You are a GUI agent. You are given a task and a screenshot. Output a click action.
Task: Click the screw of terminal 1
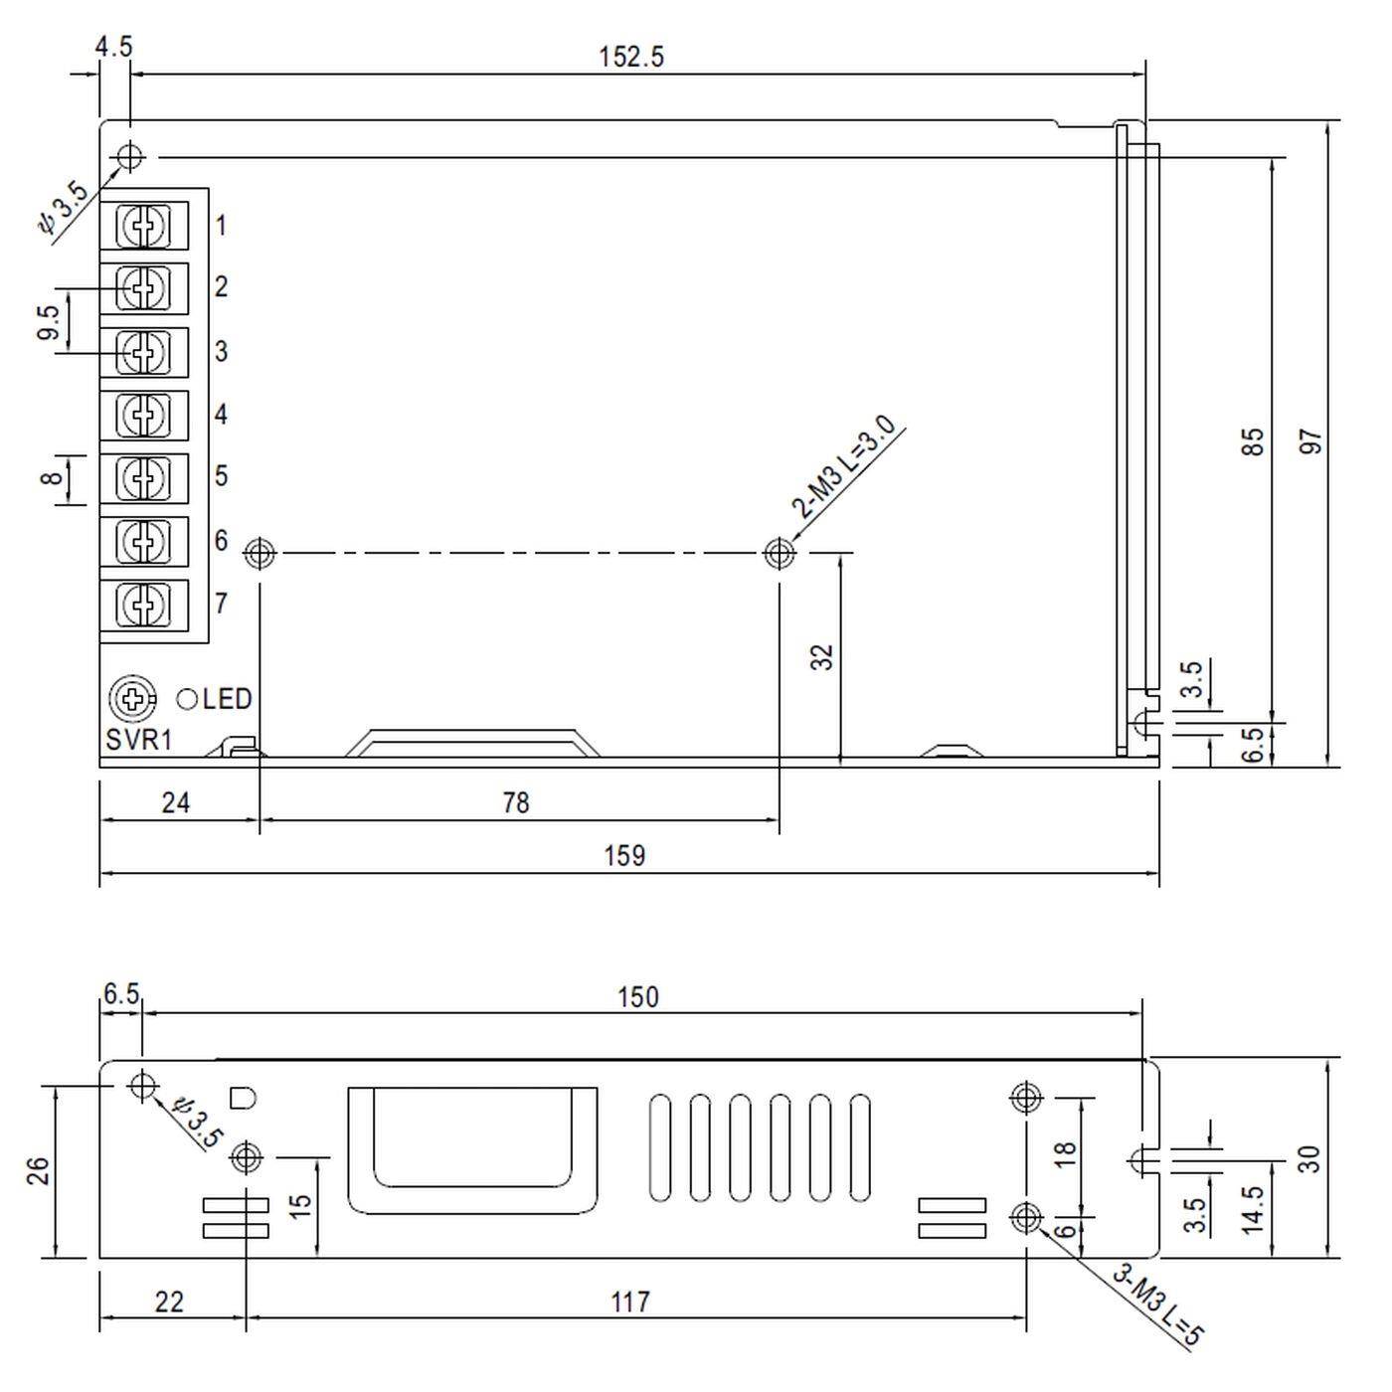pyautogui.click(x=144, y=226)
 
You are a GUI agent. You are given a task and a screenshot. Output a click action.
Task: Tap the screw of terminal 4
pyautogui.click(x=144, y=416)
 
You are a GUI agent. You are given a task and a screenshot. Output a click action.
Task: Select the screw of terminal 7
pyautogui.click(x=144, y=604)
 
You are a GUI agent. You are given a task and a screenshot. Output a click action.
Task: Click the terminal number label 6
pyautogui.click(x=221, y=541)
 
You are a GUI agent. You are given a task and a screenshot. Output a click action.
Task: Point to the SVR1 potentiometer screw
pyautogui.click(x=131, y=699)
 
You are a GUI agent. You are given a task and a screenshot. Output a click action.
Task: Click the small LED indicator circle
pyautogui.click(x=186, y=699)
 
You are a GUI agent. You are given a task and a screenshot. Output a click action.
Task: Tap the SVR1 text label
pyautogui.click(x=139, y=740)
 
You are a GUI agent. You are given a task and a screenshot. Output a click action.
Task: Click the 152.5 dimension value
pyautogui.click(x=630, y=57)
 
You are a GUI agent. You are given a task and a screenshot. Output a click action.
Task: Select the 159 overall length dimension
pyautogui.click(x=624, y=856)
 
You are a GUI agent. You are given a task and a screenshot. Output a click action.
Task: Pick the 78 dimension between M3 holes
pyautogui.click(x=516, y=802)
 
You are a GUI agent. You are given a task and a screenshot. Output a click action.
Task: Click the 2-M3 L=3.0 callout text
pyautogui.click(x=845, y=468)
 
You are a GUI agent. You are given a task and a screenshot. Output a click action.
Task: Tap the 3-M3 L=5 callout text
pyautogui.click(x=1158, y=1305)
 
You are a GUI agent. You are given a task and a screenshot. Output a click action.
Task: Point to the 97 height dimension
pyautogui.click(x=1311, y=441)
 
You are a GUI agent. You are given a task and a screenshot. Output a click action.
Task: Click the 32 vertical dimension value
pyautogui.click(x=822, y=657)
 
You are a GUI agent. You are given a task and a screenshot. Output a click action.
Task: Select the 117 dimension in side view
pyautogui.click(x=630, y=1302)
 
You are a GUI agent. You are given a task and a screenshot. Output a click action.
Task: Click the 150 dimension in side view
pyautogui.click(x=637, y=996)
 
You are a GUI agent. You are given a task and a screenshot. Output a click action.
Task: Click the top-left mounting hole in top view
pyautogui.click(x=130, y=156)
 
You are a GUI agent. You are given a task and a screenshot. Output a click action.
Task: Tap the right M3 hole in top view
pyautogui.click(x=780, y=552)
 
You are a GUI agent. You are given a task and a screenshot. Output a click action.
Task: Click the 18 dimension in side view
pyautogui.click(x=1065, y=1153)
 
